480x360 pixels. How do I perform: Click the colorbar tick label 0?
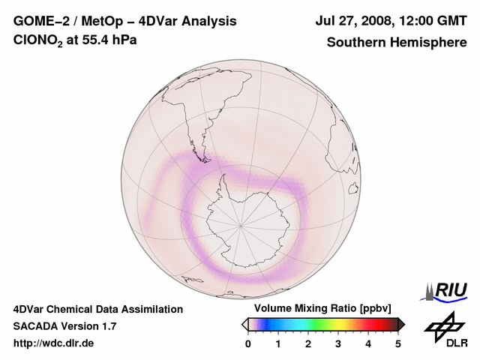point(248,343)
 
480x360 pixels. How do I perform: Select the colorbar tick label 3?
point(338,343)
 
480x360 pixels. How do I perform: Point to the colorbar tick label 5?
point(398,343)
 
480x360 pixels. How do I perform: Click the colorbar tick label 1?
point(278,343)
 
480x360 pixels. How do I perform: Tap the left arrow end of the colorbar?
point(244,324)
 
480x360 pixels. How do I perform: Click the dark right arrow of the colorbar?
point(401,324)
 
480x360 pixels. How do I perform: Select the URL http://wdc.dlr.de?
point(54,343)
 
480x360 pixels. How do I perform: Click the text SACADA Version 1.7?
point(64,326)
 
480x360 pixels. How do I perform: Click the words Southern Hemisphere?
point(397,42)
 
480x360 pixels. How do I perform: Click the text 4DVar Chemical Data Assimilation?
point(98,309)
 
